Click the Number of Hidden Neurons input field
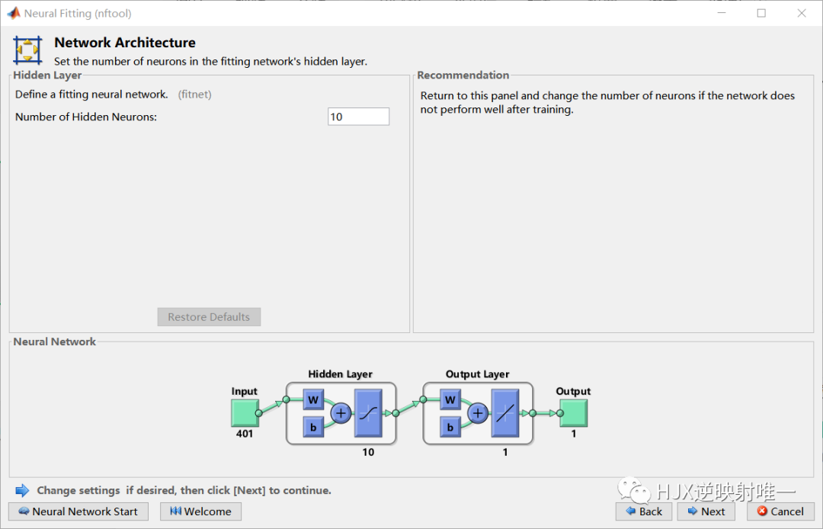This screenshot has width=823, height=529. click(358, 117)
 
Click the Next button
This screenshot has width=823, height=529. click(706, 511)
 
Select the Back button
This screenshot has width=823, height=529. click(644, 511)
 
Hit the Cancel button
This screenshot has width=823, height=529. click(780, 511)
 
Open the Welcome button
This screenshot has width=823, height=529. click(200, 511)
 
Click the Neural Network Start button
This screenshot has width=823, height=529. click(78, 511)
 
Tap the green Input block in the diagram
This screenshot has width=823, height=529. click(245, 413)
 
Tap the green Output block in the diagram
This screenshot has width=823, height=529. click(573, 413)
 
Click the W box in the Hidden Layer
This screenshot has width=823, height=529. click(313, 399)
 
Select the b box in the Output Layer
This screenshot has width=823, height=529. click(450, 427)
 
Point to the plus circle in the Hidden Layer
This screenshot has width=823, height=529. click(341, 413)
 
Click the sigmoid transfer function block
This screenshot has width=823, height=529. click(368, 413)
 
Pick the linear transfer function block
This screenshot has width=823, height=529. click(505, 413)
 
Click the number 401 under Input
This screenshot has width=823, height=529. click(245, 434)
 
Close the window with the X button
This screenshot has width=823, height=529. click(802, 13)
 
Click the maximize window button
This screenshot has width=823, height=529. click(761, 13)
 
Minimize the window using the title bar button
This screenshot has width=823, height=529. click(721, 13)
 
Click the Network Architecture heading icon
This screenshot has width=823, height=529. click(27, 50)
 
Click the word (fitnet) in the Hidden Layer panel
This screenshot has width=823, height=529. click(195, 95)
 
